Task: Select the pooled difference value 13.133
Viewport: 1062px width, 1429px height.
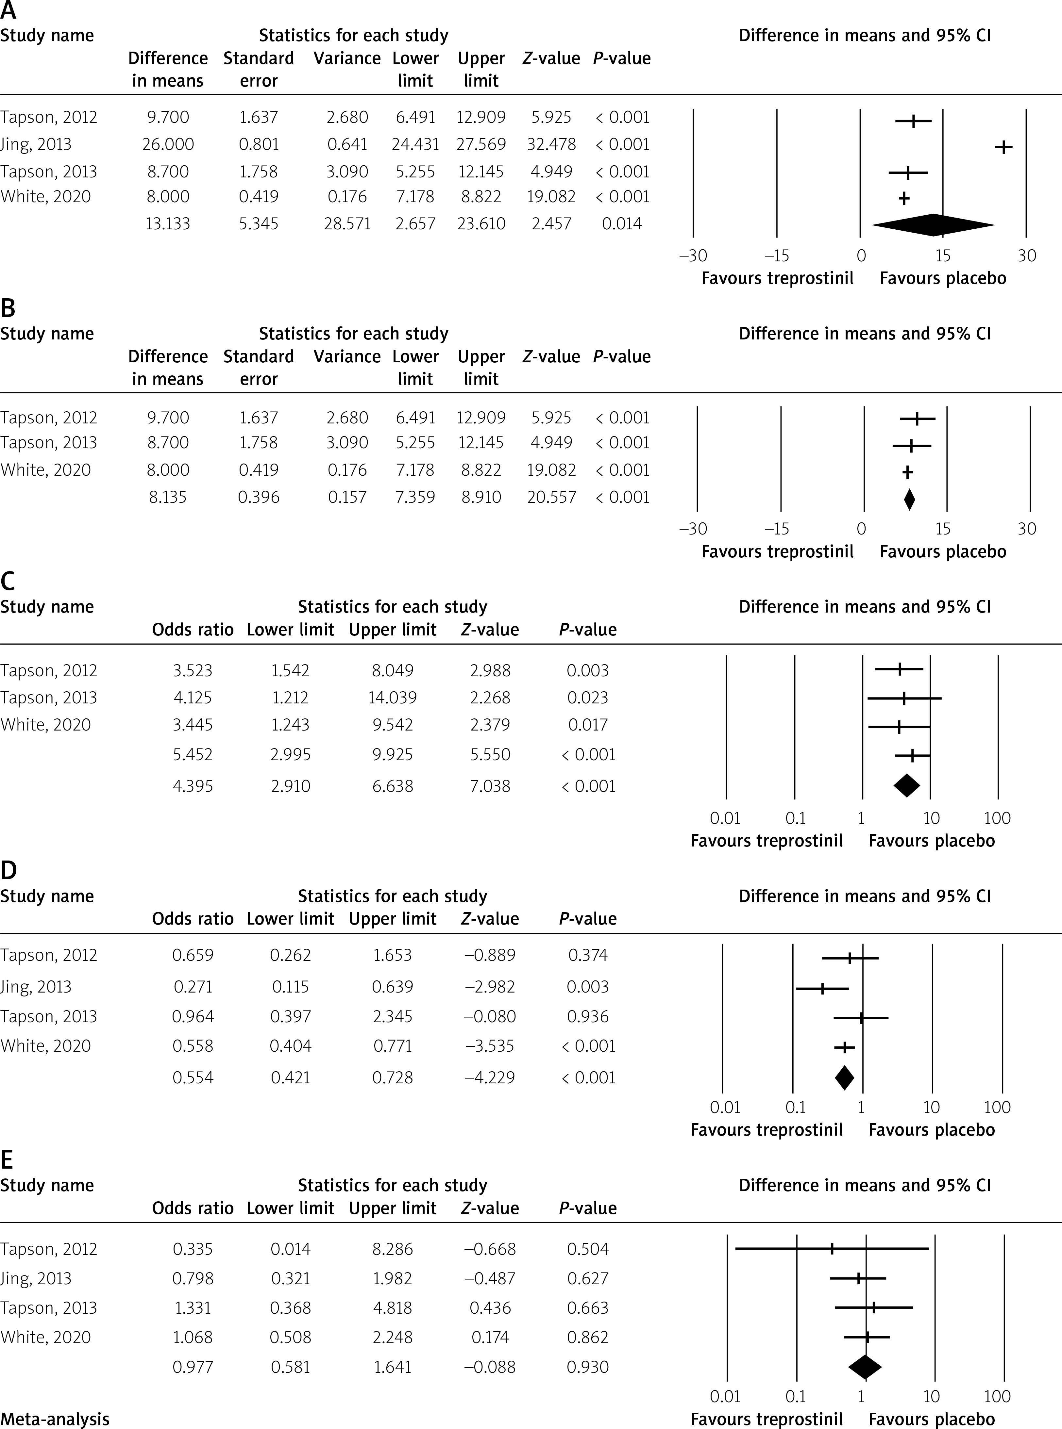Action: click(168, 223)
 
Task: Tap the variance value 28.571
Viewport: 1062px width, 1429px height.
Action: click(347, 223)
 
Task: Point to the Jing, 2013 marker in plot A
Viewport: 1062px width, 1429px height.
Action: click(1003, 147)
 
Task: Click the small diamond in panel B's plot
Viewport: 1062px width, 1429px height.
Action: click(909, 499)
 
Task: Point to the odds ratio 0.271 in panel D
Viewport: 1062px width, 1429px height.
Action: click(193, 986)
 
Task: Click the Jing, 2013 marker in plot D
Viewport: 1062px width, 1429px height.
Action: click(822, 988)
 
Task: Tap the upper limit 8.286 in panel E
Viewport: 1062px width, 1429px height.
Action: click(392, 1248)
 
